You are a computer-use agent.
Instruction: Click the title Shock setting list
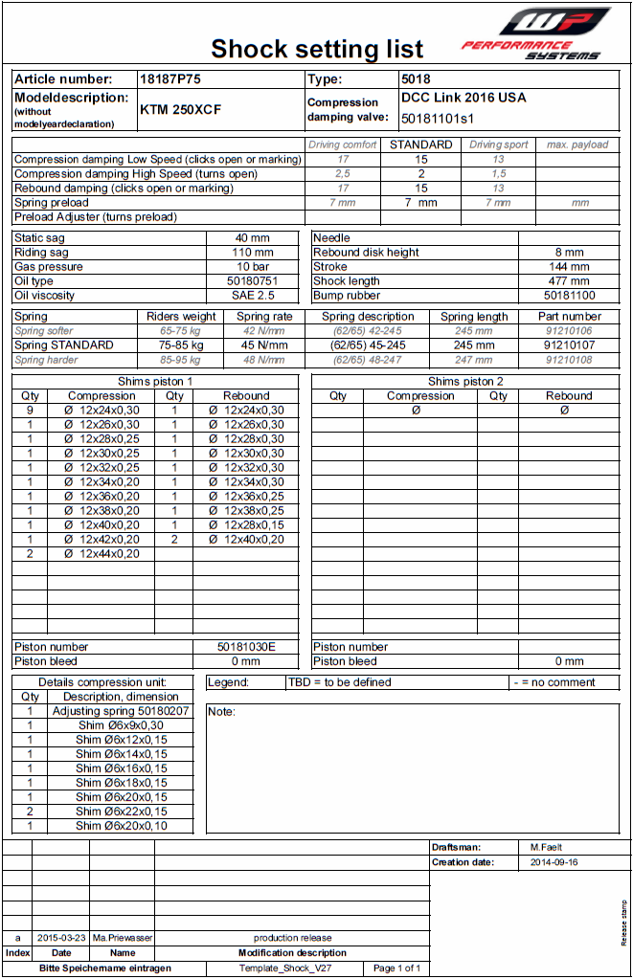[x=317, y=49]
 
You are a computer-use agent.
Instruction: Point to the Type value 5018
[x=416, y=79]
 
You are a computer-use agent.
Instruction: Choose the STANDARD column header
[x=420, y=145]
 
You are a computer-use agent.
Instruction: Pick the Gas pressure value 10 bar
[x=253, y=267]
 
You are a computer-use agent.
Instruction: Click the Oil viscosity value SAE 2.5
[x=253, y=296]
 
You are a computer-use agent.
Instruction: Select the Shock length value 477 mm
[x=569, y=281]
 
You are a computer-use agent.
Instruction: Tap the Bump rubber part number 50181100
[x=569, y=296]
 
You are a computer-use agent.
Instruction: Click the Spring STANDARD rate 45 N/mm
[x=264, y=345]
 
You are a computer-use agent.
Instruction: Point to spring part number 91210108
[x=569, y=360]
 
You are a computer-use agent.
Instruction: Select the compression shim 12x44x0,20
[x=102, y=553]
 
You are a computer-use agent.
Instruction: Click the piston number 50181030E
[x=246, y=647]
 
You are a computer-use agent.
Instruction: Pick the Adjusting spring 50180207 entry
[x=121, y=711]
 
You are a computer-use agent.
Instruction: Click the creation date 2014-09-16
[x=554, y=862]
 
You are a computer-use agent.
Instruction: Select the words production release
[x=292, y=938]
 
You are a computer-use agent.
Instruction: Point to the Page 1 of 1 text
[x=396, y=968]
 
